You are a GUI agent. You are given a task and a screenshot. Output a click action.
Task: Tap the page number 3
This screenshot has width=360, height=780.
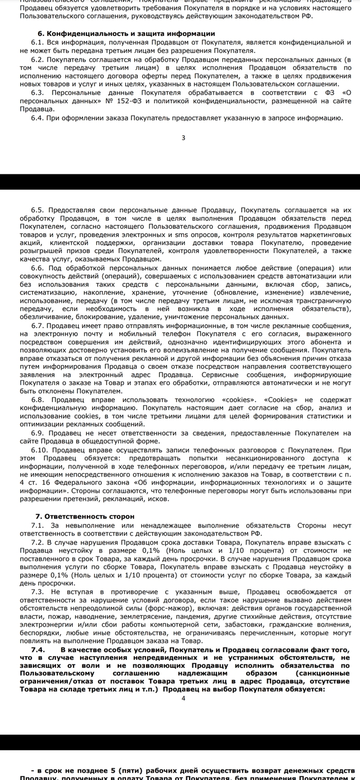pyautogui.click(x=184, y=137)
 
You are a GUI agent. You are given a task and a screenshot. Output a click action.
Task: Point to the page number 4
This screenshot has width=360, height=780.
pyautogui.click(x=184, y=698)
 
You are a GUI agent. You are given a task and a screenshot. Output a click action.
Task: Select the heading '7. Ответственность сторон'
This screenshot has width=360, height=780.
pyautogui.click(x=84, y=516)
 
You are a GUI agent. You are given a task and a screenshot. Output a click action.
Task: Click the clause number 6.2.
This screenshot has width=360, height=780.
pyautogui.click(x=38, y=59)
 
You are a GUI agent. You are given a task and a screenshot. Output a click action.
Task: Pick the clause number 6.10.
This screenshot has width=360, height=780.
pyautogui.click(x=40, y=449)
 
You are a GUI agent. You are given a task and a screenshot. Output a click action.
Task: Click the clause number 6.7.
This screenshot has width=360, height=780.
pyautogui.click(x=38, y=325)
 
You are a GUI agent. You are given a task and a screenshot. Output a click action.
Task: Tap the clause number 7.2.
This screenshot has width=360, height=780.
pyautogui.click(x=38, y=542)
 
